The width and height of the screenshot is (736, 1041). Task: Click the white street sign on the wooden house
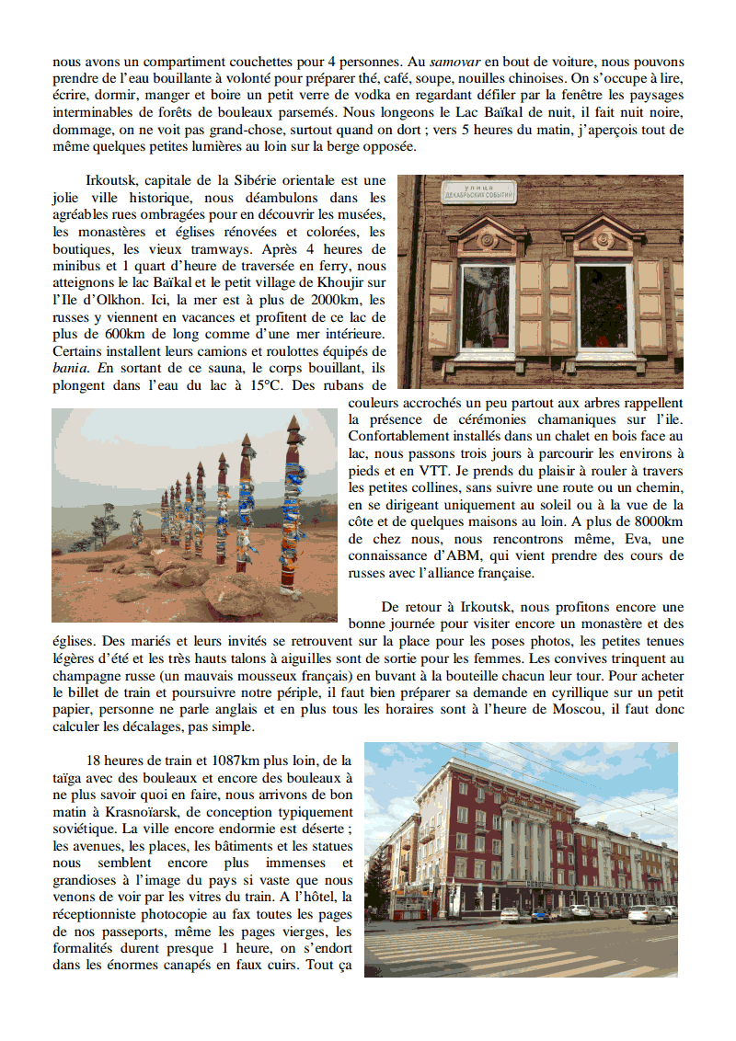[x=478, y=191]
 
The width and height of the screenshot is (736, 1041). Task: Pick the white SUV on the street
[x=649, y=913]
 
